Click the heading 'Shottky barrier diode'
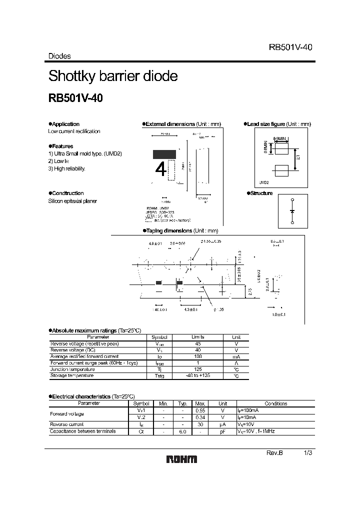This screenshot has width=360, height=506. pos(113,76)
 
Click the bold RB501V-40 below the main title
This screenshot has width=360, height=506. pos(75,98)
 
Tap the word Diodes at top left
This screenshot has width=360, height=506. pos(59,56)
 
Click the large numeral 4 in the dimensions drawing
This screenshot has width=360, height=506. pos(161,170)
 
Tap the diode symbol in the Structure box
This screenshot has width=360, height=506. pos(292,210)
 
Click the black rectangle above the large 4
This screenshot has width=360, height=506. pos(164,154)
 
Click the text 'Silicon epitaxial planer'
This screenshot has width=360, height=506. pos(72,201)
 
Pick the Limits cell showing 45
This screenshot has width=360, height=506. pos(198,344)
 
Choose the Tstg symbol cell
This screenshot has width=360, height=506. pos(159,375)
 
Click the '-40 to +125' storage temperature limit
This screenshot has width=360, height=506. pos(198,375)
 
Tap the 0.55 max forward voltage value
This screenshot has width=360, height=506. pos(200,410)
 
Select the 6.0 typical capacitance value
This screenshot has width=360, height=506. pos(182,431)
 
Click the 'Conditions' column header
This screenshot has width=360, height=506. pos(275,403)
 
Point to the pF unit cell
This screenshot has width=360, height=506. pos(223,431)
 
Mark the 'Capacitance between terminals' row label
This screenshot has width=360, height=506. pos(83,431)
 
